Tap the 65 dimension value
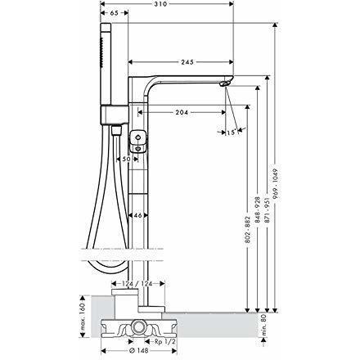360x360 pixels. (x=115, y=13)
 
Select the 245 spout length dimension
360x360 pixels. (x=187, y=62)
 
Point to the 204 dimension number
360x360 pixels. (x=182, y=112)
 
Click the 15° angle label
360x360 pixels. (x=231, y=133)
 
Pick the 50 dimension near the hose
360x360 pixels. (x=126, y=159)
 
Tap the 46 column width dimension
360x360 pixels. (x=138, y=215)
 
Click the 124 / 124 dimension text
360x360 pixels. (x=137, y=284)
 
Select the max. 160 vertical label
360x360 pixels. (x=83, y=317)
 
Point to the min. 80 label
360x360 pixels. (x=263, y=325)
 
